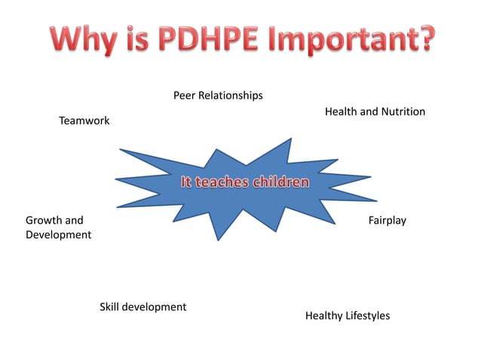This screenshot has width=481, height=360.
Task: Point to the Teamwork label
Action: pos(84,121)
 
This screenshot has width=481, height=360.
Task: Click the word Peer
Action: pos(185,96)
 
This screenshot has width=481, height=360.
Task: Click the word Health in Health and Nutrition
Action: pos(341,111)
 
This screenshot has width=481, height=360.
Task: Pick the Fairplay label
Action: pos(387,221)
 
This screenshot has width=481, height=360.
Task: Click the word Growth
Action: pos(44,221)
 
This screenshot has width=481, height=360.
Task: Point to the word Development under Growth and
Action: pos(58,235)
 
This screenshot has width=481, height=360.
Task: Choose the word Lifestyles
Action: pos(368,316)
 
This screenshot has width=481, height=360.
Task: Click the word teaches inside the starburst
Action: pos(223,182)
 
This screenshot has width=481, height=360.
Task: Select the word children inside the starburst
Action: pos(280,182)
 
